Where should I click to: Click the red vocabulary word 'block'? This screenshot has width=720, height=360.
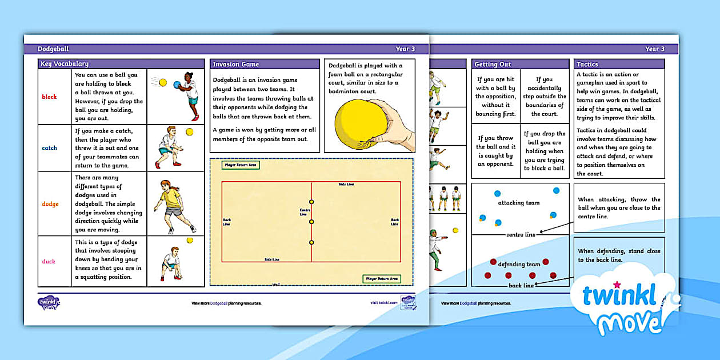(x=50, y=97)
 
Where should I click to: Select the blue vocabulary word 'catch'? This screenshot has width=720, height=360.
(x=50, y=148)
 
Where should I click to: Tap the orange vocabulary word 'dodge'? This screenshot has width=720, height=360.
(x=50, y=204)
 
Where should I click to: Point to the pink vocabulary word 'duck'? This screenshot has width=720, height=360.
(x=49, y=261)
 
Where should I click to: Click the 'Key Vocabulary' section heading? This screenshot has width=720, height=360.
(x=64, y=64)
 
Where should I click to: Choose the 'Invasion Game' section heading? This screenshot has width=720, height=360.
(x=235, y=64)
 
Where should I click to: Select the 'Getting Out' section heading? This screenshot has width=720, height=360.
(x=493, y=64)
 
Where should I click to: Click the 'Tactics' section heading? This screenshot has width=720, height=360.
(x=587, y=64)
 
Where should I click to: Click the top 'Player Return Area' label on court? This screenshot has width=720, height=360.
(x=240, y=165)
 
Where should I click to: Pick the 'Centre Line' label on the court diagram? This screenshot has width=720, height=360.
(x=305, y=212)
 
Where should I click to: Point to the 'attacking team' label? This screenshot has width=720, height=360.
(x=518, y=203)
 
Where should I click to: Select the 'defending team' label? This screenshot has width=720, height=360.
(x=519, y=265)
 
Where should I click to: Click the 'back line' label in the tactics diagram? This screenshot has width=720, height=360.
(x=521, y=285)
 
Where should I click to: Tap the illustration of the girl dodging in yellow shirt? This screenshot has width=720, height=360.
(x=172, y=205)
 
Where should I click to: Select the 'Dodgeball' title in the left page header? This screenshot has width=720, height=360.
(x=53, y=49)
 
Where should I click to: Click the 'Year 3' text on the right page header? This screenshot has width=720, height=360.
(x=655, y=49)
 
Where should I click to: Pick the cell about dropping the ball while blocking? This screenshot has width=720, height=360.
(x=544, y=151)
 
